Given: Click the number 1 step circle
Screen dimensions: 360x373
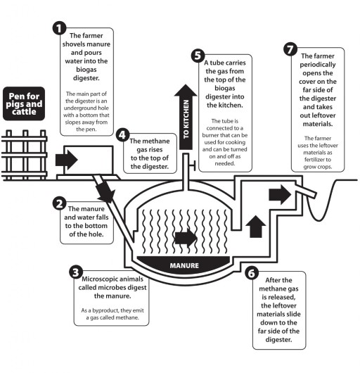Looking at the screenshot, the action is coord(59,28).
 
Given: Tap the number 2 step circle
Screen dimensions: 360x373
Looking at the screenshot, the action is coord(59,203).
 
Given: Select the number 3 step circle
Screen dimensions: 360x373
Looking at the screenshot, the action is coord(76,272).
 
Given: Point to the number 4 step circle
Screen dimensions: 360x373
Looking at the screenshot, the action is coord(122,135).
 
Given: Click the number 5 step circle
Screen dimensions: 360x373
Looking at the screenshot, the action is coord(198,56).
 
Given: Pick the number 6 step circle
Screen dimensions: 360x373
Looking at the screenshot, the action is coord(252,273).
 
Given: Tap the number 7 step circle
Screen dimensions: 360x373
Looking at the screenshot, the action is coord(290,49).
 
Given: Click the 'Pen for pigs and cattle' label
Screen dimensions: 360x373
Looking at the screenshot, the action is coord(24,103).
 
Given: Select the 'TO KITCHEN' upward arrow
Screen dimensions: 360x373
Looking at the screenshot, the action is coord(186,117).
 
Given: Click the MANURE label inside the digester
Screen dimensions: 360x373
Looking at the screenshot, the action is coord(184,265).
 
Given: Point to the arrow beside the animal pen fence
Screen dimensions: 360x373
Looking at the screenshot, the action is coord(67,160).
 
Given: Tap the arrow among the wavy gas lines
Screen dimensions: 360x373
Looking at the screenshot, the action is coord(186,238).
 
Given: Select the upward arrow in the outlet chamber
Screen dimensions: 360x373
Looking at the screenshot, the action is coord(256,227).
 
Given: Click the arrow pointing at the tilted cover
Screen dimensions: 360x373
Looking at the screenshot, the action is coord(280,194).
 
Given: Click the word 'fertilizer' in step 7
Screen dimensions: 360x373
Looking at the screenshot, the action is coord(318,159).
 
